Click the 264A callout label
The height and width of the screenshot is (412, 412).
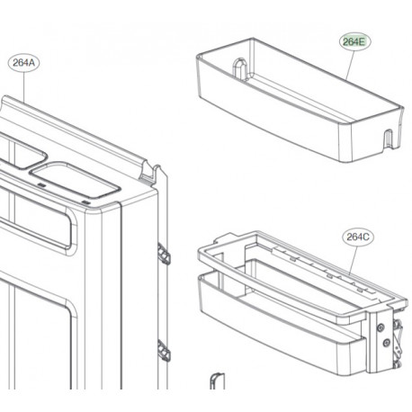click(x=23, y=63)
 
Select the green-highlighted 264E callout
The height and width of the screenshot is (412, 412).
click(x=355, y=41)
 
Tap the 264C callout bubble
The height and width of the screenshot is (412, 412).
click(x=358, y=237)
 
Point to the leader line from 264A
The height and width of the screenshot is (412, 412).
click(x=23, y=87)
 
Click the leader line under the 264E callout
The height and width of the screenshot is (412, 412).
click(x=351, y=66)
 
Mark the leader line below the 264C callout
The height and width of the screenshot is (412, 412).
click(x=354, y=260)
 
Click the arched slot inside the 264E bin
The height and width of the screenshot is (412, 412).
click(x=240, y=69)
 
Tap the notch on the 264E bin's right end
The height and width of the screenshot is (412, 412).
click(x=389, y=138)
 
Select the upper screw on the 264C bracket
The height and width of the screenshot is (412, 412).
click(x=381, y=327)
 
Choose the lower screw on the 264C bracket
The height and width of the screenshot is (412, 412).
click(x=386, y=342)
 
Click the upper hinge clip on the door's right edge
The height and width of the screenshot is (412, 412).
click(x=164, y=254)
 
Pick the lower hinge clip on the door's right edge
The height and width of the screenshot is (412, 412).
click(x=164, y=351)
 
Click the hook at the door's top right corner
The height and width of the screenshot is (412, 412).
click(x=151, y=174)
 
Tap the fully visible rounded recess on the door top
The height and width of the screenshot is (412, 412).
click(x=75, y=181)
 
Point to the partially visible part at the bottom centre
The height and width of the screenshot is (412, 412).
click(x=217, y=381)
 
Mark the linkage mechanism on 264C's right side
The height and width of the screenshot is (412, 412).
click(x=398, y=343)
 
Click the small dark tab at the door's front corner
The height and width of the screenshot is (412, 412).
click(x=85, y=202)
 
